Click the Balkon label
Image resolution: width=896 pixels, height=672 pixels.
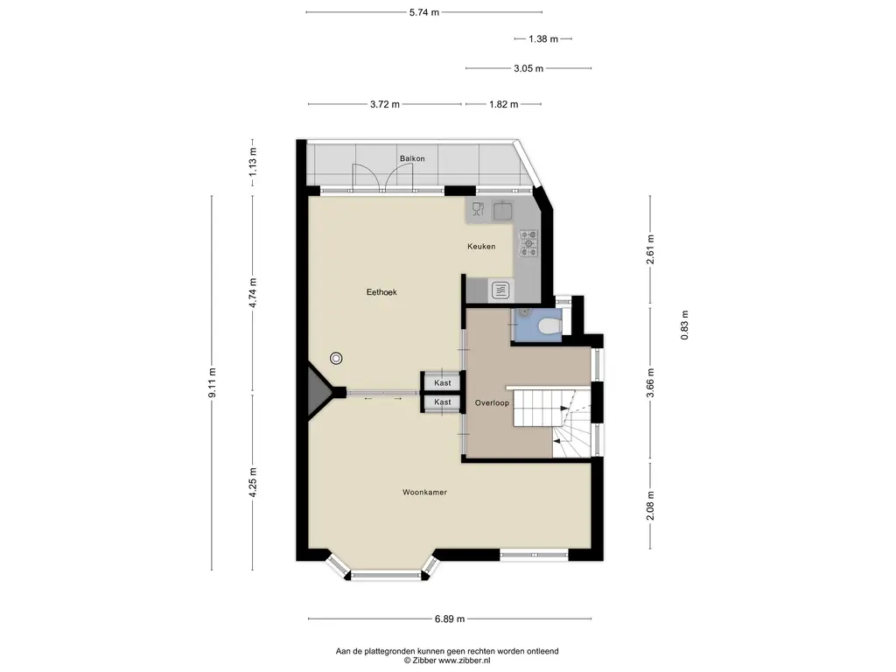pos(412,158)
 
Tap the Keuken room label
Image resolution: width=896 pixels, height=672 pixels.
pos(481,246)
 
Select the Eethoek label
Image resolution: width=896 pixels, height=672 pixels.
pos(381,292)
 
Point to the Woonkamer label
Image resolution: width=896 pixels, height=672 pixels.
pos(424,492)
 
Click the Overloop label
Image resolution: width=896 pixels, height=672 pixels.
pos(492,402)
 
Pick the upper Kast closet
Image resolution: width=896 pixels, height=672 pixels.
pos(441,382)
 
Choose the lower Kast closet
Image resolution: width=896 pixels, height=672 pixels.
pos(441,402)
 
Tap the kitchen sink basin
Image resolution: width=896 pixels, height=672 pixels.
pos(503,210)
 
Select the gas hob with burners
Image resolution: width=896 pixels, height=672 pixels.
pos(528,243)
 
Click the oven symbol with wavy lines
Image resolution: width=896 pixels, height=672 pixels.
pos(501,290)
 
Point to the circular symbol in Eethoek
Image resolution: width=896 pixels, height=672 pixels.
pos(337,358)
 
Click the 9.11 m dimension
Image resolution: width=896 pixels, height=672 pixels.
pos(212,383)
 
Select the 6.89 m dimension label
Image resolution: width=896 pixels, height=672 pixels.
pos(450,619)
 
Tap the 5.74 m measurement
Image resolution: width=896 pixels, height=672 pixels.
pos(424,12)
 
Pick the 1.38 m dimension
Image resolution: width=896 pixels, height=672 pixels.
pos(542,38)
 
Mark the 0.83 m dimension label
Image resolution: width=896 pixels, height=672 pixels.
pos(684,325)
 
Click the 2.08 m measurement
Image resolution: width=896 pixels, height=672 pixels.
pos(650,506)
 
